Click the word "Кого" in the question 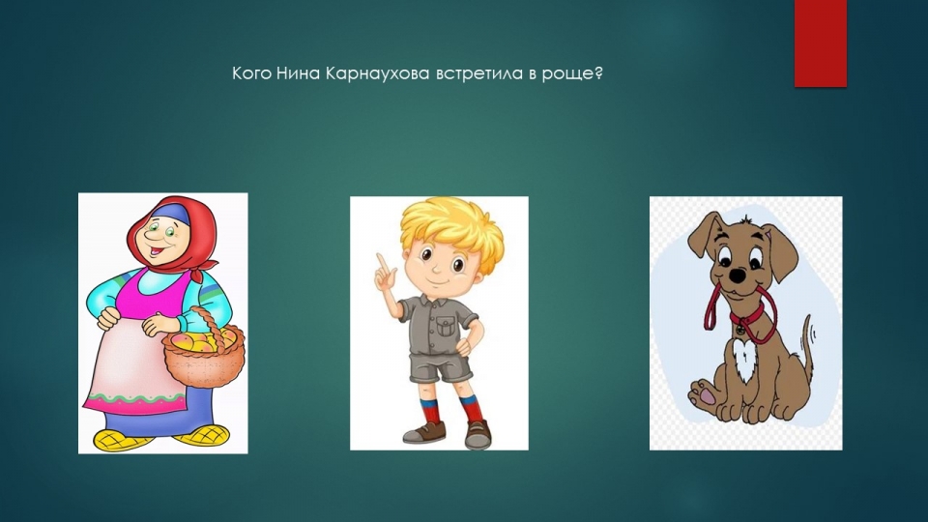[252, 74]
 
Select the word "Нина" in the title [299, 74]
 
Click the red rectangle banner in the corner [821, 43]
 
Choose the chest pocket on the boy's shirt [446, 326]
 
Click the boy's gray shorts [441, 363]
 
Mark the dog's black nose [737, 275]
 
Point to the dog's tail [806, 349]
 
